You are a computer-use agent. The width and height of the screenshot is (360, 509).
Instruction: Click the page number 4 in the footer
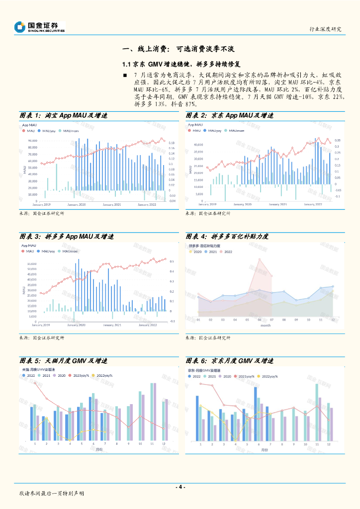click(180, 487)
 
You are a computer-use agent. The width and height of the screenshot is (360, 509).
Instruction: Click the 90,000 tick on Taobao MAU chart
click(33, 141)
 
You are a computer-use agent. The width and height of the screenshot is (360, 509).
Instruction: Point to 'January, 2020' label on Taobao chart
click(77, 204)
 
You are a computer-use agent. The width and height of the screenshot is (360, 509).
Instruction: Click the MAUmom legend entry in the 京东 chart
click(234, 130)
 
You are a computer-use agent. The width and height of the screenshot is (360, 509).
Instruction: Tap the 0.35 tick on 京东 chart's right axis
click(337, 141)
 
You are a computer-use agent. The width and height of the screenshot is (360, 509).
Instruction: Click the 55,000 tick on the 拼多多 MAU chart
click(32, 264)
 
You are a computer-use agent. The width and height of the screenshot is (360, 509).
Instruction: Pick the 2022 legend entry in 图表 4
click(226, 252)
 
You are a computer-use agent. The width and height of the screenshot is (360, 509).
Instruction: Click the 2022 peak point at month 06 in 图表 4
click(259, 259)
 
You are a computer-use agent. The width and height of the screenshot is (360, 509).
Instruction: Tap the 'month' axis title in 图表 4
click(266, 326)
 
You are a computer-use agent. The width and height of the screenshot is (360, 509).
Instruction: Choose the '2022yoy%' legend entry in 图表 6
click(269, 376)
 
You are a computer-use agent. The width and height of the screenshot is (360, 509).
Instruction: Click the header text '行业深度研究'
click(325, 29)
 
